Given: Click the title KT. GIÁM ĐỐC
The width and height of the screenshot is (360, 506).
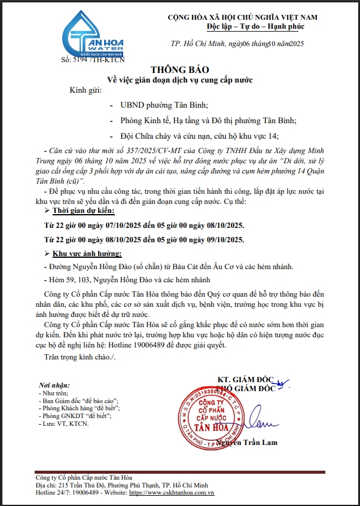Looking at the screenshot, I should [x=245, y=380].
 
